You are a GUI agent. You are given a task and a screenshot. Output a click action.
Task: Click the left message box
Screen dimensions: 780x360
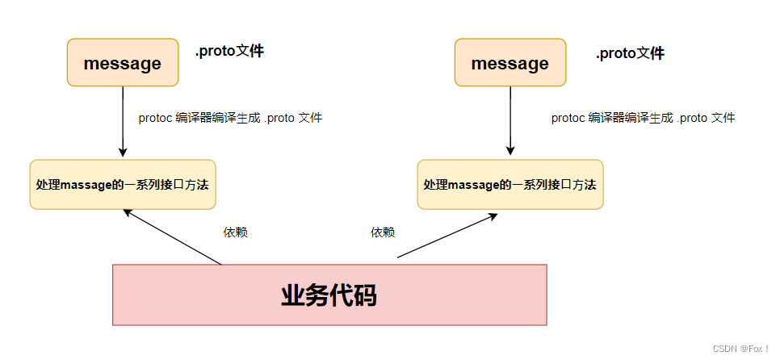(122, 63)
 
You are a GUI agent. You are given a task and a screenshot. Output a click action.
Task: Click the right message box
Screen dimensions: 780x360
(510, 63)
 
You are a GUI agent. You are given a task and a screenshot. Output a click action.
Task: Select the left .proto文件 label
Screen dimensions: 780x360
(229, 52)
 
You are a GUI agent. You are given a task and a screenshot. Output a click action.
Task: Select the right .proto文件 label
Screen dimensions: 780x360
(630, 54)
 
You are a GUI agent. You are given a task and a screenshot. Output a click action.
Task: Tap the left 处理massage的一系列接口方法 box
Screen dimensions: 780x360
(123, 185)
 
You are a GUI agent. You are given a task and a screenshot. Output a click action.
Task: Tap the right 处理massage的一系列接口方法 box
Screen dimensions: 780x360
(510, 185)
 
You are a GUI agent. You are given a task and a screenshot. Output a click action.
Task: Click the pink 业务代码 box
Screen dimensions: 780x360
(329, 295)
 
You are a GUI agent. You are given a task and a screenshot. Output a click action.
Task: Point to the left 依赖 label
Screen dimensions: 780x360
(235, 232)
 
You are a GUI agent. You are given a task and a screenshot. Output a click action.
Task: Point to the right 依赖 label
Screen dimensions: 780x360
(383, 232)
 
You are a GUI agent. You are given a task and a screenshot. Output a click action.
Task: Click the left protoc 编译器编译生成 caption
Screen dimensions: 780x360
(230, 118)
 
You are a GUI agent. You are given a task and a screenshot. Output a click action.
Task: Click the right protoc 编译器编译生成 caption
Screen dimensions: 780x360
(643, 118)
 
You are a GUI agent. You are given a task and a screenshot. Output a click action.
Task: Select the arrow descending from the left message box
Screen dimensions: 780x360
(123, 121)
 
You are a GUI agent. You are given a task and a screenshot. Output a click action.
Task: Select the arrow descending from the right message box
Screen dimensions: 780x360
(510, 121)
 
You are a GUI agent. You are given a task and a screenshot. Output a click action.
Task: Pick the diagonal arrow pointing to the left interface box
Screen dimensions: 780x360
(172, 237)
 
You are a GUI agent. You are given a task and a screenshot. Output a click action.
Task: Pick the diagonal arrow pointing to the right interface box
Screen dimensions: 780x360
(447, 237)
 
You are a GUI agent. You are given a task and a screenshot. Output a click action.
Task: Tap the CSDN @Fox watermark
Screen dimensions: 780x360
(741, 348)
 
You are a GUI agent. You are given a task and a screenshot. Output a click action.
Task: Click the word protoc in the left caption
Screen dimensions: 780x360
(155, 118)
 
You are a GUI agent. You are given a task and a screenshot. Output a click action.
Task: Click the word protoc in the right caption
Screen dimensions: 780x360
(568, 118)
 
